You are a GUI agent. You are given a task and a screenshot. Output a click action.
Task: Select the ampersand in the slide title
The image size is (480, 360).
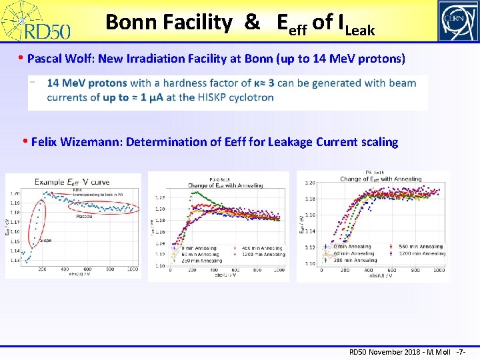click(252, 23)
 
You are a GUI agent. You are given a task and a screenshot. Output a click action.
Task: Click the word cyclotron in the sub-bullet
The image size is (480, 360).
click(251, 97)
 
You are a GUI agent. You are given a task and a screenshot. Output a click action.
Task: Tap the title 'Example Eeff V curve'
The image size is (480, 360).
click(72, 182)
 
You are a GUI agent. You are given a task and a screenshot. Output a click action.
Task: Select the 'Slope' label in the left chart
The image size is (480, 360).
click(45, 240)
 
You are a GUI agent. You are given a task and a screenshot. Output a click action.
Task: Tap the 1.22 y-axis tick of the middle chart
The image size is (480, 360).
click(160, 198)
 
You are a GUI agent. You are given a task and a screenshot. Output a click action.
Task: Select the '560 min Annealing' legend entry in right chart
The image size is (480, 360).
click(421, 247)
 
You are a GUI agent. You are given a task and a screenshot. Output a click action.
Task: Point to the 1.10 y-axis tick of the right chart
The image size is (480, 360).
click(311, 263)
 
